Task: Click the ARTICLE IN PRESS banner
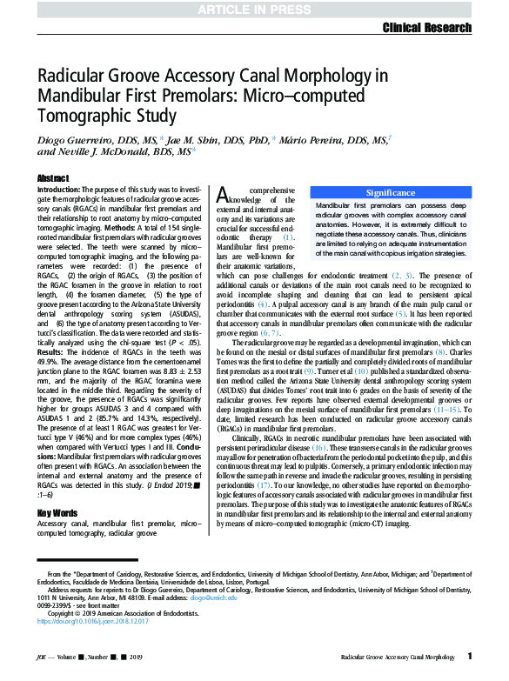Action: (x=253, y=9)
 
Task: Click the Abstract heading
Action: (x=53, y=177)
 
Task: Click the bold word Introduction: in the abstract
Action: (x=60, y=189)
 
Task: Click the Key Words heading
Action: (x=58, y=512)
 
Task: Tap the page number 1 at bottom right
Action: (x=470, y=656)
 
